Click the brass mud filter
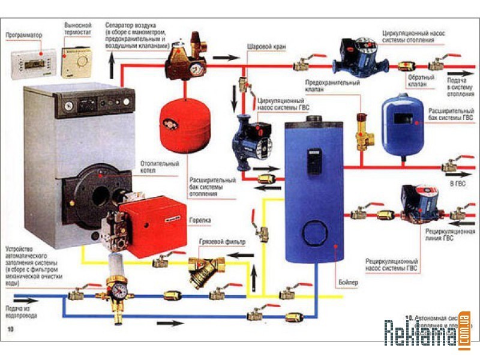click(202, 268)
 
